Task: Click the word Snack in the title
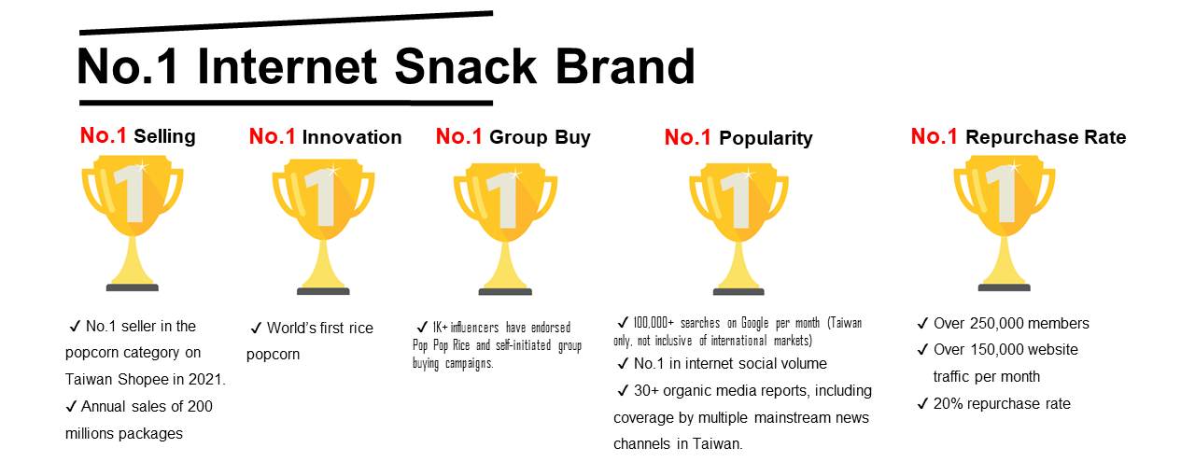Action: pyautogui.click(x=465, y=66)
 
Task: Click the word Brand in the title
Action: pyautogui.click(x=626, y=66)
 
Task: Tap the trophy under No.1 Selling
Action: pyautogui.click(x=133, y=223)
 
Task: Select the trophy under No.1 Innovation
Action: pyautogui.click(x=323, y=226)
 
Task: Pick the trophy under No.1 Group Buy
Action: pyautogui.click(x=505, y=229)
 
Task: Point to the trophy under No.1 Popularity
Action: pyautogui.click(x=738, y=229)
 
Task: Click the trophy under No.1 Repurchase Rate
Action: pyautogui.click(x=1004, y=223)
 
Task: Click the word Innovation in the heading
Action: pyautogui.click(x=352, y=137)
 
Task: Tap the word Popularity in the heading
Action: pyautogui.click(x=766, y=139)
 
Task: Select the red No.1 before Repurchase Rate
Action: pyautogui.click(x=935, y=136)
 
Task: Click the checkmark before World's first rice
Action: pyautogui.click(x=256, y=329)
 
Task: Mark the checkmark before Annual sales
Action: pyautogui.click(x=71, y=407)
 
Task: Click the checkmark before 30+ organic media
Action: pyautogui.click(x=623, y=391)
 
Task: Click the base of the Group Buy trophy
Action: pyautogui.click(x=505, y=292)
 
